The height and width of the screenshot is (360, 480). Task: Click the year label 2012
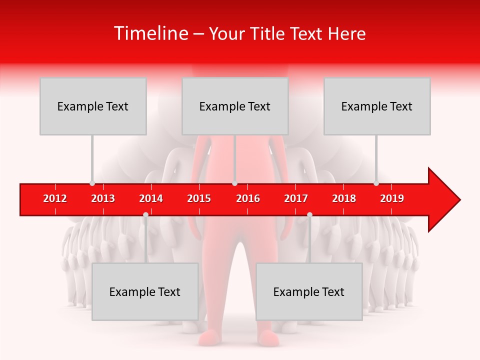click(x=55, y=198)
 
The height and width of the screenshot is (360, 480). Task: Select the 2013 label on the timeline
click(x=103, y=198)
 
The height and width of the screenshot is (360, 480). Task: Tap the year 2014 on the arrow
click(x=151, y=198)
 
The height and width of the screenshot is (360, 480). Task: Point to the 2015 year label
click(x=199, y=198)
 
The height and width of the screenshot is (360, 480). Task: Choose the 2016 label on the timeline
click(x=248, y=198)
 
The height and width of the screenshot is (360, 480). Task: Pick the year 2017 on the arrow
click(x=296, y=198)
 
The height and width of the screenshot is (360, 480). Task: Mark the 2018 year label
click(x=344, y=198)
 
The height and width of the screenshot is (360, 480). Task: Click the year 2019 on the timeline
click(x=392, y=198)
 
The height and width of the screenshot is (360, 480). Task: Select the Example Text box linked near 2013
click(x=93, y=106)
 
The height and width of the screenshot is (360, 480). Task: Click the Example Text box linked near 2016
click(x=235, y=106)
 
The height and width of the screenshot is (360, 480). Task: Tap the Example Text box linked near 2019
click(x=377, y=106)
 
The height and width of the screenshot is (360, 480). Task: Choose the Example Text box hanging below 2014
click(x=145, y=291)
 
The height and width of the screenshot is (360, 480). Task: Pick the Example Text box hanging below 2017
click(x=309, y=291)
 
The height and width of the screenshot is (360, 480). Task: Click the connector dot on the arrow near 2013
click(x=92, y=183)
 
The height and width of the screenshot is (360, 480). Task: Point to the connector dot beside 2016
click(x=234, y=183)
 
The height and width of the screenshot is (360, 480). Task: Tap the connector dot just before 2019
click(x=376, y=183)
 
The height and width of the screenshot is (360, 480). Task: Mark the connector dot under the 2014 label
click(x=145, y=214)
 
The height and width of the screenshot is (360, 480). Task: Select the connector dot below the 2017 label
click(x=309, y=214)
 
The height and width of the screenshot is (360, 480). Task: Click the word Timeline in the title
click(x=150, y=33)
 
